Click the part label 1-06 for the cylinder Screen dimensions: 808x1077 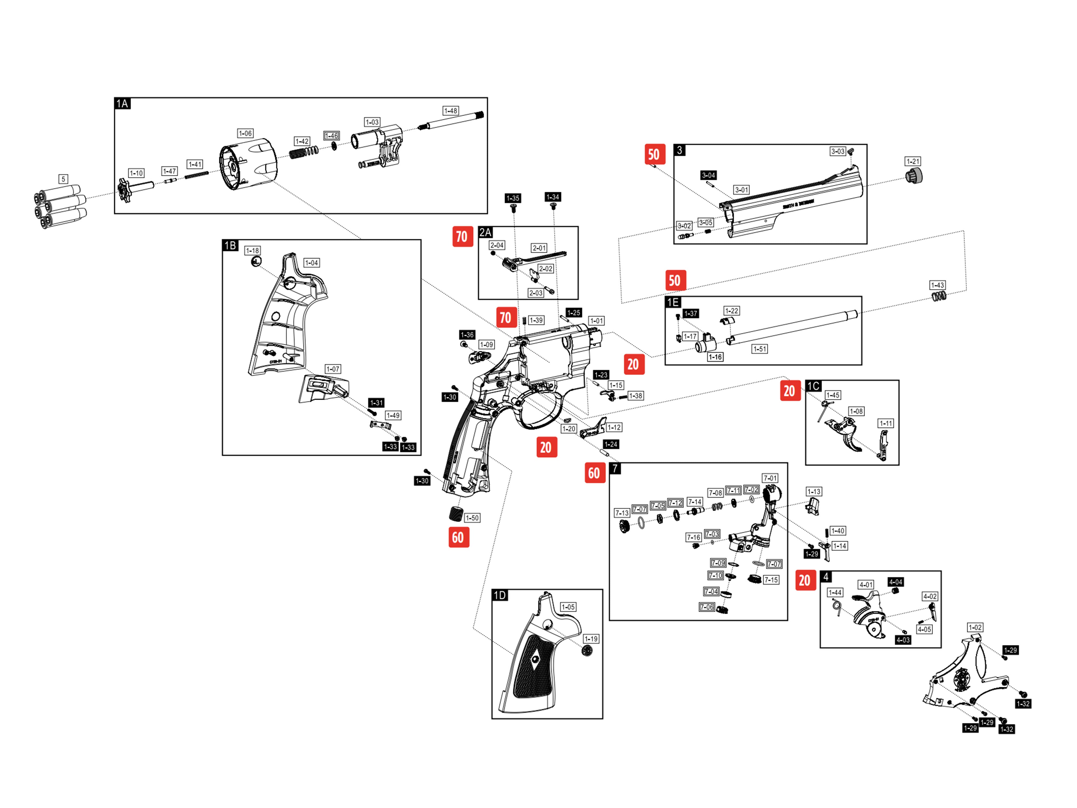(245, 133)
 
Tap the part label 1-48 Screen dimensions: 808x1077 (450, 111)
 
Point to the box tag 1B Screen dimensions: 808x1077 (230, 245)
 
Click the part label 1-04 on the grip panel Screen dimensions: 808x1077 (311, 263)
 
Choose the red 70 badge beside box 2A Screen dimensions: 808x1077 (462, 237)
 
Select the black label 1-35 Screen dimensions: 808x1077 (512, 198)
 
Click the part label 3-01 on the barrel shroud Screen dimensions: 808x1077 (742, 190)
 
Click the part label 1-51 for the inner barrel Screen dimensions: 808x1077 (760, 349)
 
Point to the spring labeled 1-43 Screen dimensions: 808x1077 (939, 296)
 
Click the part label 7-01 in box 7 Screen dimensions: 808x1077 (770, 478)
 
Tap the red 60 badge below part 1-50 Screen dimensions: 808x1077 (458, 538)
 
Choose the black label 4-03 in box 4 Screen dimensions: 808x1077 (903, 640)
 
